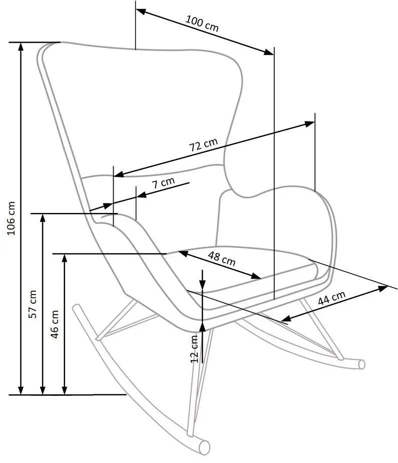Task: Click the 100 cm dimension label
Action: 202,24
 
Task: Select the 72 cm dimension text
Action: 203,146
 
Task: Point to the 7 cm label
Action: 163,183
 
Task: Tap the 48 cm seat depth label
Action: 221,259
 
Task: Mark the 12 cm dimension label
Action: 195,348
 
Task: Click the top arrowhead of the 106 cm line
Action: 21,47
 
